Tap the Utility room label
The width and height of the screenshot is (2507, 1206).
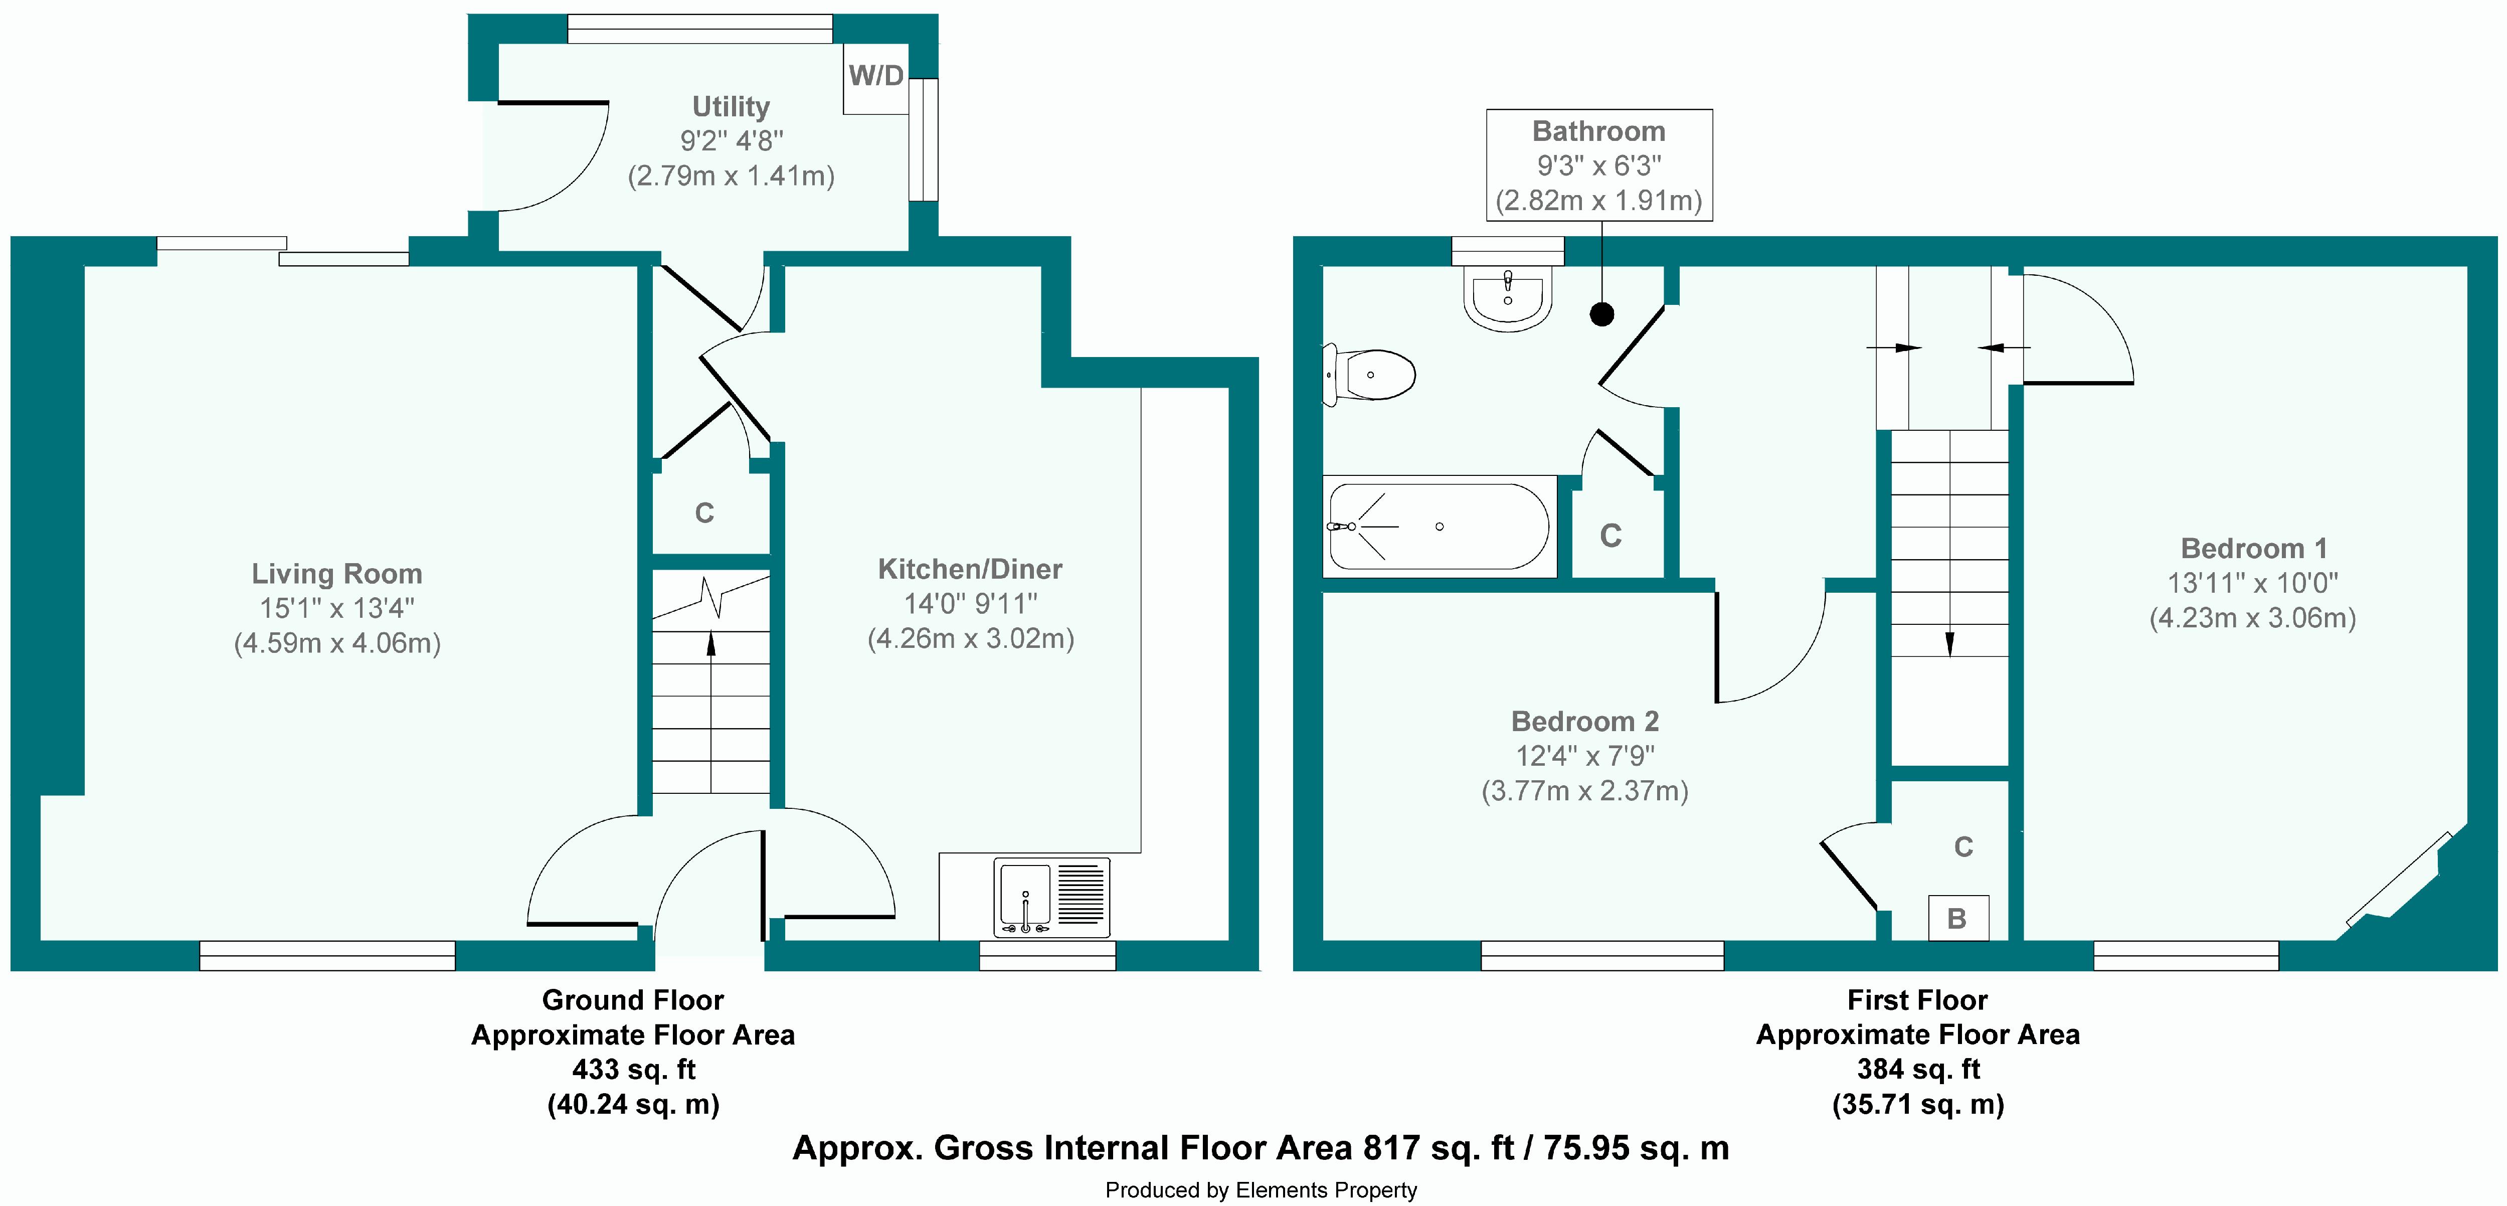731,106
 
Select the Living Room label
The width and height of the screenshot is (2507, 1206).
337,574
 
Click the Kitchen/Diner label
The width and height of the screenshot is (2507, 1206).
970,570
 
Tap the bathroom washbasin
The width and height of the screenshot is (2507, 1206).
1508,297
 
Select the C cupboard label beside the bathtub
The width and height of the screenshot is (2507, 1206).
1610,536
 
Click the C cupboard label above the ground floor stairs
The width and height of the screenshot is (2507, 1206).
704,513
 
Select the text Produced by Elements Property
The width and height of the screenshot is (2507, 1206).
1261,1189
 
